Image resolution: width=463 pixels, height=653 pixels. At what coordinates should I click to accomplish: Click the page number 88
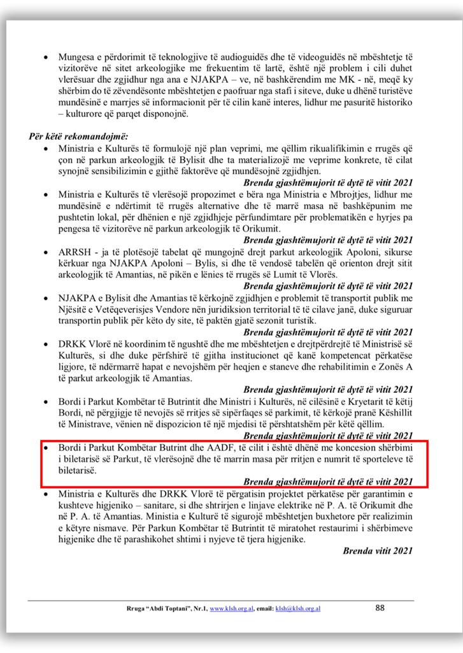pos(380,608)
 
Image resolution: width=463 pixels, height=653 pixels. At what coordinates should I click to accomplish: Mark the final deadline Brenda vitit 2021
pos(378,550)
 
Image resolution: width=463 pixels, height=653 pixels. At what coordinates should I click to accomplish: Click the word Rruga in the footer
pos(136,609)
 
